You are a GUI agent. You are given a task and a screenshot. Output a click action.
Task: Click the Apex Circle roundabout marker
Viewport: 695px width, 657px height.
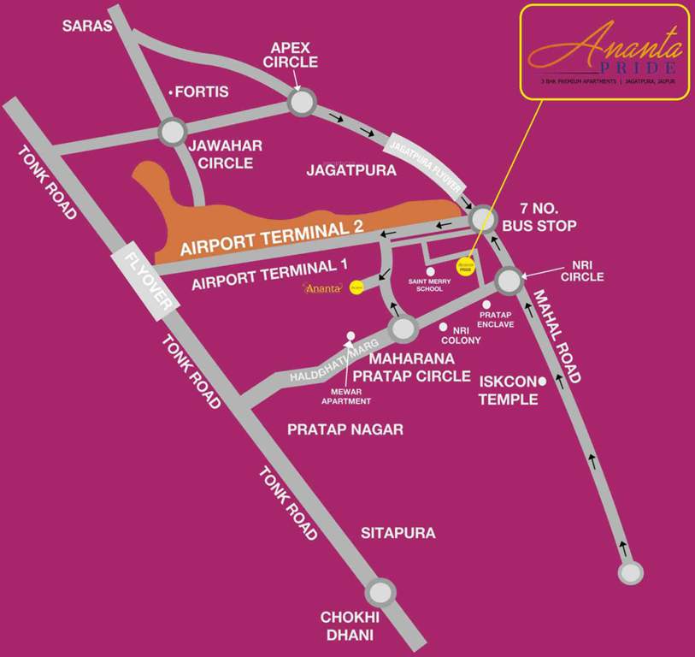point(302,103)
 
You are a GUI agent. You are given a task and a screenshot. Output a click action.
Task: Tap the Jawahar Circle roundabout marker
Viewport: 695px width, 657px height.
point(173,132)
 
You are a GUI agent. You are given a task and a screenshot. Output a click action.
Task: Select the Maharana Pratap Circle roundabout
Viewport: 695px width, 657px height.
point(403,328)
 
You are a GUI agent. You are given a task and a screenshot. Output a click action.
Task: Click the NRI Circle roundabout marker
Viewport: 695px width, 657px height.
point(509,280)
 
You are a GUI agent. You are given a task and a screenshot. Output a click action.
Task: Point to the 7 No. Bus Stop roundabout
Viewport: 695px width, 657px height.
point(483,218)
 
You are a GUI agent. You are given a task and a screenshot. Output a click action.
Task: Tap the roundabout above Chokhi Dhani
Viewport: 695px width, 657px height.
point(380,592)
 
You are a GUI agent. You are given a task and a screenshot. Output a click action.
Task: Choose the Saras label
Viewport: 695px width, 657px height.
point(87,26)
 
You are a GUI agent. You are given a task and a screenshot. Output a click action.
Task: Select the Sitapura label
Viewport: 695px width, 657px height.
point(398,533)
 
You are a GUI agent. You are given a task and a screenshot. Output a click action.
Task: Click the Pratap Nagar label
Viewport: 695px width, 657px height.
point(345,429)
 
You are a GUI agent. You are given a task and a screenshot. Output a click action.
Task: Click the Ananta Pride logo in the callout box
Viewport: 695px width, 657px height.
point(604,50)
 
